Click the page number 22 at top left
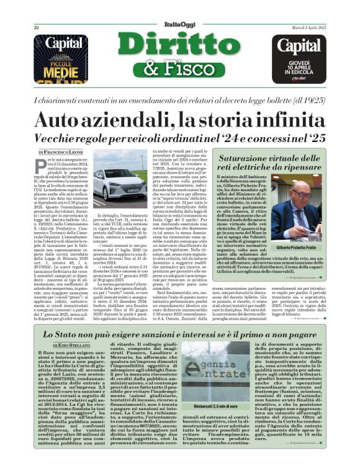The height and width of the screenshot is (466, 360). click(x=36, y=28)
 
